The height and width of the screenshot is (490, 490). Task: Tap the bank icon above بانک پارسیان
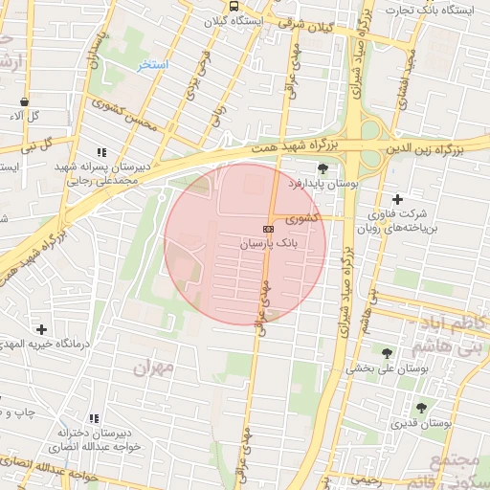[x=268, y=229]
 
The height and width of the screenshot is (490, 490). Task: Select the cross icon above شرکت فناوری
[x=396, y=199]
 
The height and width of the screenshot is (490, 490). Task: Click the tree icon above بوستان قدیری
[x=421, y=408]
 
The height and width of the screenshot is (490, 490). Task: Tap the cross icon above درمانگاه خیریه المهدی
[x=40, y=329]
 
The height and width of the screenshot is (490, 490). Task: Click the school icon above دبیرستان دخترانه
[x=93, y=418]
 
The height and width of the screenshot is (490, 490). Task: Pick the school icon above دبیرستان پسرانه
[x=100, y=152]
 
